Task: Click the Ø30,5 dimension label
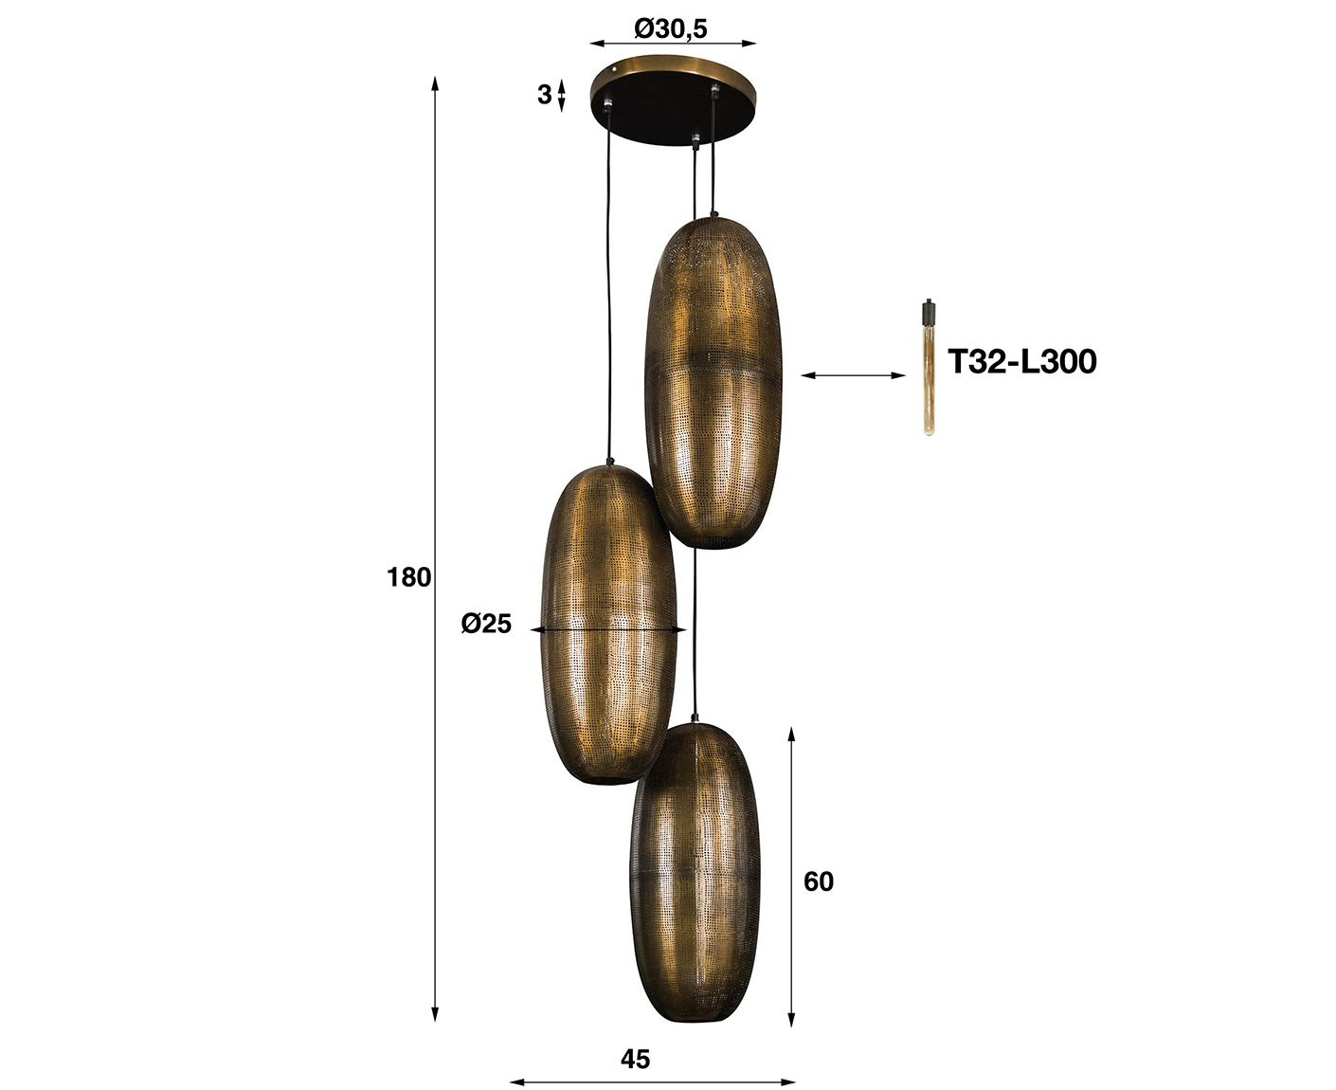click(670, 28)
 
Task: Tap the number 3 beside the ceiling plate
click(544, 95)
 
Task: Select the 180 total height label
click(408, 577)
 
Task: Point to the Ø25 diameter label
click(486, 624)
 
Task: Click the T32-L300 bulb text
click(1021, 362)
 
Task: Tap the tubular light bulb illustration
click(928, 368)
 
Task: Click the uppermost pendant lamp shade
click(713, 381)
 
